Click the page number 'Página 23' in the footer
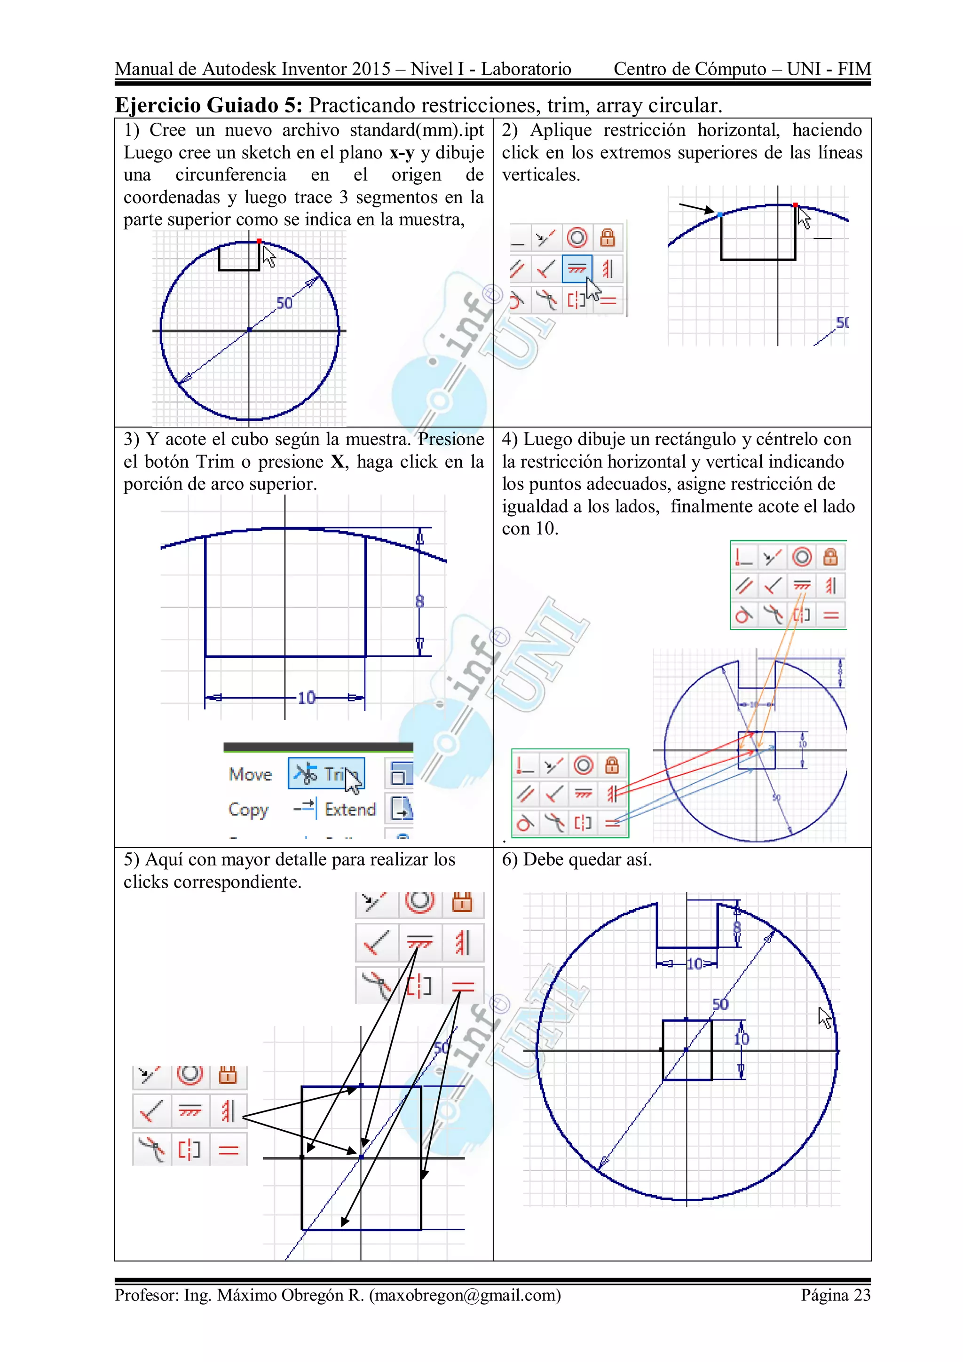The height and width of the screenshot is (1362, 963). (x=836, y=1294)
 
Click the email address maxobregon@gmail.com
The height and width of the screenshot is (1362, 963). (x=465, y=1294)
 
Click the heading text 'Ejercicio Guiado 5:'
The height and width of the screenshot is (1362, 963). (x=208, y=105)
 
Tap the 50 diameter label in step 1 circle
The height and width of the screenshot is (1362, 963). (x=284, y=303)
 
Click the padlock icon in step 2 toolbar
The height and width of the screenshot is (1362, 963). (x=607, y=238)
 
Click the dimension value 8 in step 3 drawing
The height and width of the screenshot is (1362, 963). (x=419, y=601)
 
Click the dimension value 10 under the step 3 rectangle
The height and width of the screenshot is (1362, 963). (x=306, y=698)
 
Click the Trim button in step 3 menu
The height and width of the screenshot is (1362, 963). (x=326, y=773)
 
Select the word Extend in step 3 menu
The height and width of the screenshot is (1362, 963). (x=350, y=809)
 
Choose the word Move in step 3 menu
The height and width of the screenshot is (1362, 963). (x=250, y=774)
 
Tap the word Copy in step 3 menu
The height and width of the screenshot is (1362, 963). (x=248, y=809)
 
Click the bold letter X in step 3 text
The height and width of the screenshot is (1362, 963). (x=337, y=462)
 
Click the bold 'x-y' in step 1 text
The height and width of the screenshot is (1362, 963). (x=402, y=152)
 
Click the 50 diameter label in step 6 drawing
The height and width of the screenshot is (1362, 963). (x=720, y=1004)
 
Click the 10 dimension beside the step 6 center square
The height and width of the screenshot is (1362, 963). (x=741, y=1039)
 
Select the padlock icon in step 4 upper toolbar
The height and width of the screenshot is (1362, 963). (x=830, y=557)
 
